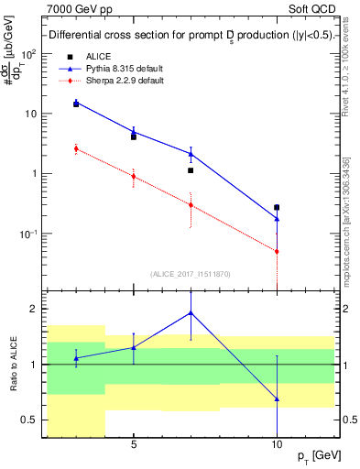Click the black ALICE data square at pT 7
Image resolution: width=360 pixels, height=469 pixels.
tap(191, 170)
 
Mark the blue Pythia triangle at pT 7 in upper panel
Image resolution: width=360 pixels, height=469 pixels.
tap(191, 153)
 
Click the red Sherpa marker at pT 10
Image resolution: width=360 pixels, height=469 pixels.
tap(277, 251)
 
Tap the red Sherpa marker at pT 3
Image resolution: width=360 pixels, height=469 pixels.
tap(76, 148)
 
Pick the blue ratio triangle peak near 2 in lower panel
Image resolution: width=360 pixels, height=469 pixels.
tap(191, 312)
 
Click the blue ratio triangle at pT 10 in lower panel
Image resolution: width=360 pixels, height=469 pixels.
tap(277, 399)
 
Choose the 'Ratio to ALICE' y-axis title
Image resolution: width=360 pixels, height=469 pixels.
tap(12, 365)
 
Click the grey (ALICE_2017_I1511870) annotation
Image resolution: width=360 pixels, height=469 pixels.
tap(190, 273)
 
